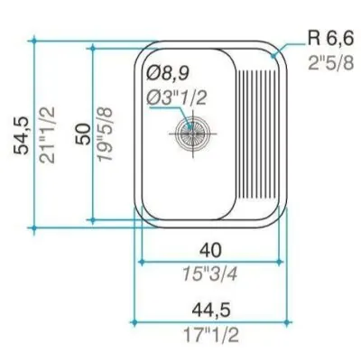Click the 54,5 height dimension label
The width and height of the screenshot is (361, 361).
point(22,135)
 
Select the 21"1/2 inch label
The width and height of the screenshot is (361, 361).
point(48,135)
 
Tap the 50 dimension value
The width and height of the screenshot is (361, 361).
point(83,134)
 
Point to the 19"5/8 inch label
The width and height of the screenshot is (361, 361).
point(105,134)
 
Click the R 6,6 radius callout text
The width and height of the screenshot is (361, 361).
point(329,39)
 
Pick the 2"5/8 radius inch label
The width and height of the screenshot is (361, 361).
point(330,62)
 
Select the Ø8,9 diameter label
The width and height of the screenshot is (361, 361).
point(168,73)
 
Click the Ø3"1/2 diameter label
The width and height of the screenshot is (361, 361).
point(177,97)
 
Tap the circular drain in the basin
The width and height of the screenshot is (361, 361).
point(192,134)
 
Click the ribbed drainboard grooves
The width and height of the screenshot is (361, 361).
point(256,134)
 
